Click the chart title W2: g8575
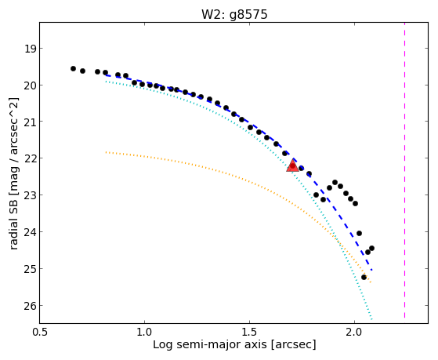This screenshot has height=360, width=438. click(234, 15)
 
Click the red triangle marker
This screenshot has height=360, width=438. click(292, 165)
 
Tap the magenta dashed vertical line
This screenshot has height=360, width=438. click(404, 170)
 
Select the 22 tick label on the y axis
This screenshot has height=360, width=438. click(31, 158)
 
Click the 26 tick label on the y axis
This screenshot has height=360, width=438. click(31, 306)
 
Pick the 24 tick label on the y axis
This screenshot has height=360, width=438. click(31, 232)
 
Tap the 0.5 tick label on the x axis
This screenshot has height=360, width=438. click(40, 332)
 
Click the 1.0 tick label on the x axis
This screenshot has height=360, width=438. click(144, 332)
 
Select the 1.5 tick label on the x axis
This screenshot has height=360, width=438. click(249, 332)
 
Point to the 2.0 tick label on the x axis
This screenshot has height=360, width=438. click(354, 332)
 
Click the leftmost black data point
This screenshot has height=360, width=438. click(73, 68)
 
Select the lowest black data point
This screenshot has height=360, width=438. click(364, 277)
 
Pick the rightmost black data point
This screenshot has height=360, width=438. click(371, 248)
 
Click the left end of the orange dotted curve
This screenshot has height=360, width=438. click(106, 152)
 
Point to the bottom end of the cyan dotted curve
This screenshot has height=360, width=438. click(371, 319)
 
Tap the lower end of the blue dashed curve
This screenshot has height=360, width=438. click(372, 271)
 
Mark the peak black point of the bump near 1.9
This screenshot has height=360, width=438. click(335, 183)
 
